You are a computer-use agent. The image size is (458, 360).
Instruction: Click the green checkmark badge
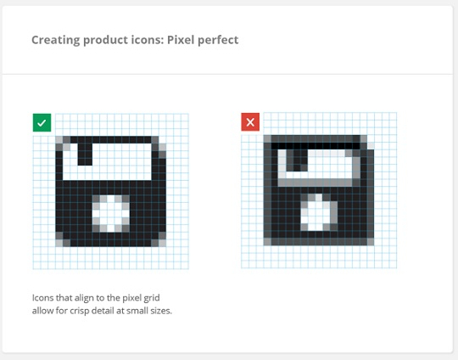[x=42, y=122]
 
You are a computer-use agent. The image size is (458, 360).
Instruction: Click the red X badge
[x=250, y=122]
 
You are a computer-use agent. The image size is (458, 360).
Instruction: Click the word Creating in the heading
[x=55, y=41]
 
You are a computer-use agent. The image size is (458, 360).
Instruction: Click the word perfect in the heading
[x=218, y=41]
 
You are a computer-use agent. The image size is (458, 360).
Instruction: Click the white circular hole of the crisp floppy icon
[x=111, y=214]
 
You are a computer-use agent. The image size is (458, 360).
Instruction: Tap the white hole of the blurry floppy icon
[x=319, y=212]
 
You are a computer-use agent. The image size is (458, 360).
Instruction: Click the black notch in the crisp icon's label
[x=85, y=155]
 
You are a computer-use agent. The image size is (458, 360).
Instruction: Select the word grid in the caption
[x=152, y=299]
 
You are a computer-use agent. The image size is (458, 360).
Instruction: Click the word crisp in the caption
[x=79, y=311]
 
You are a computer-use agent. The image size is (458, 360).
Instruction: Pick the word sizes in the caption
[x=161, y=311]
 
